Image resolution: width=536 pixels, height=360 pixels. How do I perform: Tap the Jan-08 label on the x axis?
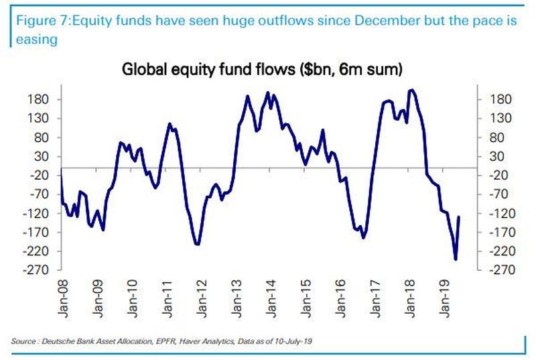click(61, 295)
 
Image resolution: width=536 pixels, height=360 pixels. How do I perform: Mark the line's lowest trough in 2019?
click(455, 259)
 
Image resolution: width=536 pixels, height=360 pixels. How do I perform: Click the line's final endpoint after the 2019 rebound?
click(459, 217)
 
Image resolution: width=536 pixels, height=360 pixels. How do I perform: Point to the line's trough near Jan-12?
click(198, 244)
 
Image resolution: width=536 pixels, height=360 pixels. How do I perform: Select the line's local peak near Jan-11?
click(170, 124)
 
